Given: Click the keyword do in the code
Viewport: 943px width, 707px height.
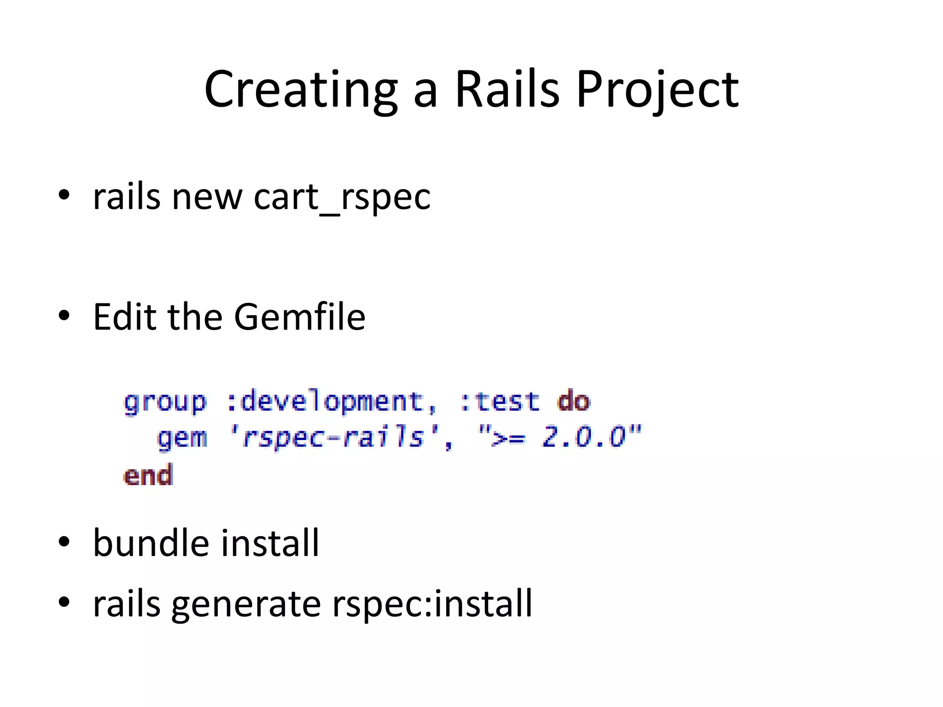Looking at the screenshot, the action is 573,401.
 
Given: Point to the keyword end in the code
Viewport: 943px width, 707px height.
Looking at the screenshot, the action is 148,475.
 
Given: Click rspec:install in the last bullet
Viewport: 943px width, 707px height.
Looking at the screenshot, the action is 432,603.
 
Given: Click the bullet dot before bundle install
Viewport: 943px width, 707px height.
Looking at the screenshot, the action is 64,542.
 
